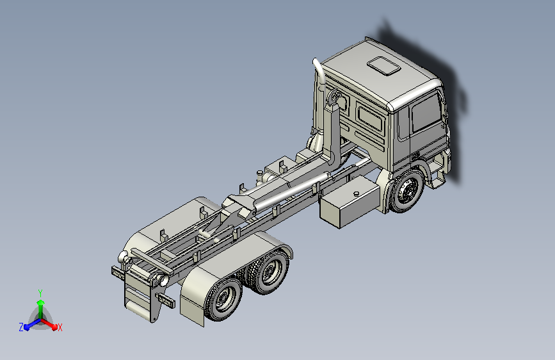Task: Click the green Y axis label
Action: coord(40,292)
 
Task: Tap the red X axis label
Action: coord(60,327)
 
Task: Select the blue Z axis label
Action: coord(20,327)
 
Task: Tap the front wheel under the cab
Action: coord(405,192)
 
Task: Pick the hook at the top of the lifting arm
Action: coord(333,100)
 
